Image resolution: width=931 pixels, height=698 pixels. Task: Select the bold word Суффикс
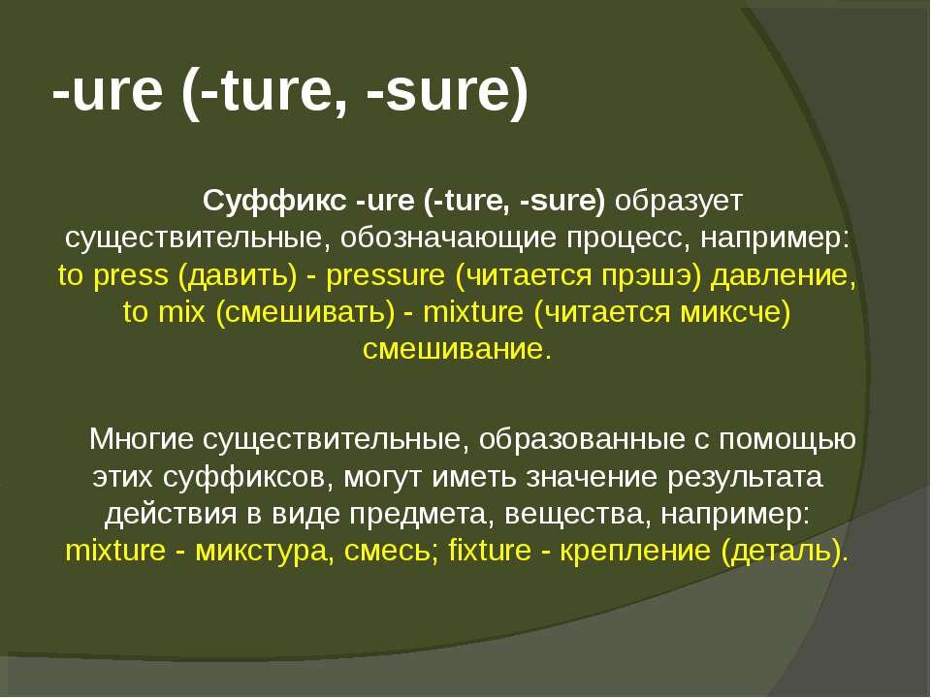click(274, 201)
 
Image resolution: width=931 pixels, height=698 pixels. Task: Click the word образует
click(679, 202)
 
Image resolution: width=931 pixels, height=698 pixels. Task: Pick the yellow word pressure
click(385, 276)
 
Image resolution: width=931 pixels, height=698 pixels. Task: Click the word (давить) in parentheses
click(237, 276)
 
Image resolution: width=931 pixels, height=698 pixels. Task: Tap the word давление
click(784, 276)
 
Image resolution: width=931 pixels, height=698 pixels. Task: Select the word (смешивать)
click(305, 312)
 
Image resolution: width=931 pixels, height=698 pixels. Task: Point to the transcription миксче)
click(735, 312)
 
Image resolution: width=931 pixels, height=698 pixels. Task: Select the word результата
click(745, 477)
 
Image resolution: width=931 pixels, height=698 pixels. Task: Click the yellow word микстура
click(261, 551)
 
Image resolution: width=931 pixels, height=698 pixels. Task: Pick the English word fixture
click(489, 550)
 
